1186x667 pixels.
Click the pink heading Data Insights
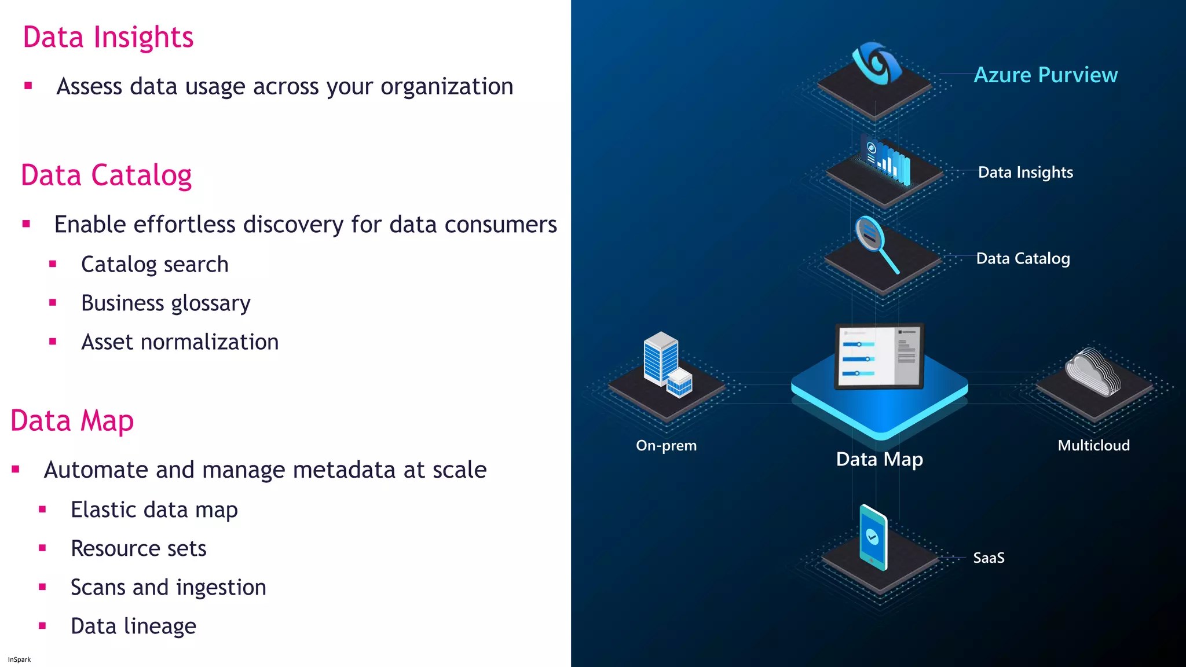point(108,38)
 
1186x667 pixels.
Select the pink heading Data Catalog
point(106,175)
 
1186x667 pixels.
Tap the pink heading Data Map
point(72,421)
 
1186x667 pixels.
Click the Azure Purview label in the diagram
point(1045,75)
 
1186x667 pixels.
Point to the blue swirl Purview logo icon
point(876,63)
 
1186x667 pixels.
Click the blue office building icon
point(667,364)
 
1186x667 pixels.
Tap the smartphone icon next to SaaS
point(873,537)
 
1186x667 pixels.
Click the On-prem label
point(666,446)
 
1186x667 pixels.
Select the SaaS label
point(989,558)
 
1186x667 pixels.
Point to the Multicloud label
point(1093,446)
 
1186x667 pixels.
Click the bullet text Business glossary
point(166,303)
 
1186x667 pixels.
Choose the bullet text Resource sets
point(138,549)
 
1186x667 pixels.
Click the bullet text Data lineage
point(133,626)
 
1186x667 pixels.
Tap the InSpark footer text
point(19,659)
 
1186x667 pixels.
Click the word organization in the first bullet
point(446,87)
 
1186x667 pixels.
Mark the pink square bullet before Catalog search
point(53,264)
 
